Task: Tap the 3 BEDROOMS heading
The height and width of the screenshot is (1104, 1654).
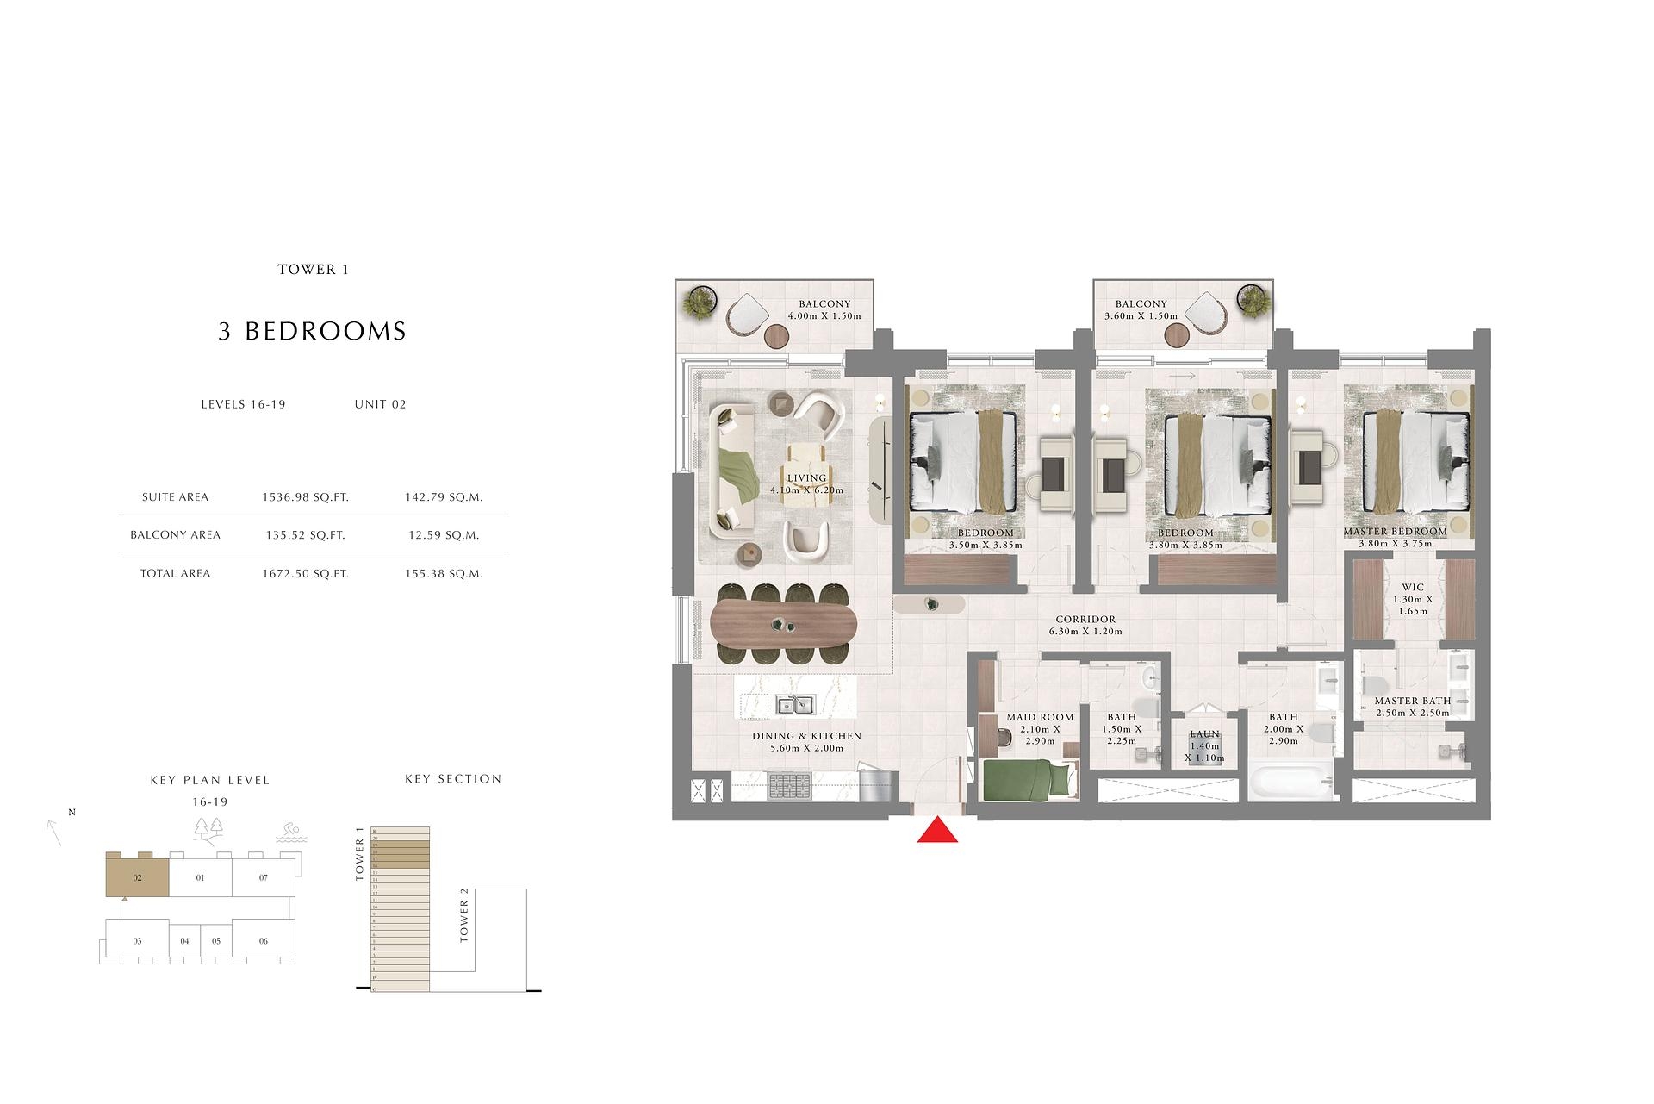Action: [312, 331]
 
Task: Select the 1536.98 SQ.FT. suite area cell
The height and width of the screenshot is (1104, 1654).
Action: [305, 497]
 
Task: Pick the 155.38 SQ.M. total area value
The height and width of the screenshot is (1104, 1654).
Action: [444, 573]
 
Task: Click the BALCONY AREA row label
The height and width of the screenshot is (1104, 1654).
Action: [175, 535]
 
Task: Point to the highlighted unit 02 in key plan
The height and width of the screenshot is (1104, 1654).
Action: [137, 877]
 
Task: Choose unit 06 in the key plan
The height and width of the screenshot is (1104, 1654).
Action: [264, 941]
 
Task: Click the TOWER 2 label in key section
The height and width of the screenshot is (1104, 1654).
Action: [464, 921]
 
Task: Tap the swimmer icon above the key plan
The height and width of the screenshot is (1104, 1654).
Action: [290, 833]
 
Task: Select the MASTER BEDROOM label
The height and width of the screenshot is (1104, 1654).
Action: [1395, 532]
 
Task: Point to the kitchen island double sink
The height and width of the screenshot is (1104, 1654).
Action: [795, 705]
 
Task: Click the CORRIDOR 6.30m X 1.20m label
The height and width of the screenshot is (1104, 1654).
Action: [1085, 625]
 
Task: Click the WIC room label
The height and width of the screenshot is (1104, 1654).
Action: [1413, 588]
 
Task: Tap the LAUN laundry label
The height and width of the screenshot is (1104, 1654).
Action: [1204, 734]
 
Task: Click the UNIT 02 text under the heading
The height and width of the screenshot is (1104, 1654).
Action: [380, 404]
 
